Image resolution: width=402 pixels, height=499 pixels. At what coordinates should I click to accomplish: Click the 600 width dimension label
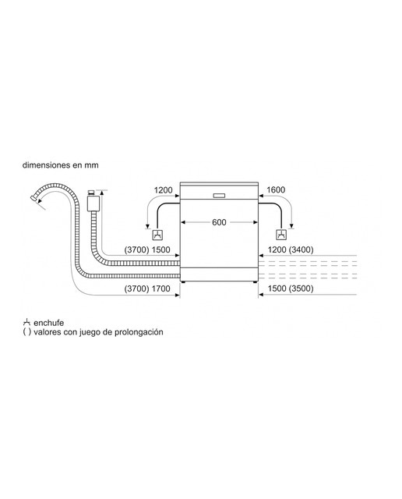(219, 222)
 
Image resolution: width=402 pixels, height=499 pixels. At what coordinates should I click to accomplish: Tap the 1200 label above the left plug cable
(163, 190)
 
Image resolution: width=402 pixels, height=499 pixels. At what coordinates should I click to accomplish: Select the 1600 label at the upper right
(276, 190)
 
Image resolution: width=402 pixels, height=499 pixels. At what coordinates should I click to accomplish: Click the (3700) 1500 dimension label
(147, 249)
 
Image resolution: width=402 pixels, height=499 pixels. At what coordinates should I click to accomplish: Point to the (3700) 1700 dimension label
(147, 288)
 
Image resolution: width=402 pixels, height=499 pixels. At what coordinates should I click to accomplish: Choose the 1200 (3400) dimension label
(291, 249)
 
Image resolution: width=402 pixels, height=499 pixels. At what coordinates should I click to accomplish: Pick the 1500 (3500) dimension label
(291, 288)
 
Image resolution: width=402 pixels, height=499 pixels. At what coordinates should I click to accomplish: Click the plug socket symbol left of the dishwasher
(157, 235)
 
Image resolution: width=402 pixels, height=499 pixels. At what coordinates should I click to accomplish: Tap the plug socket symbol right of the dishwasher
(280, 235)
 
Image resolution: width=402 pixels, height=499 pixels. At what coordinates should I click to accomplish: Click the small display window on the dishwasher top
(219, 196)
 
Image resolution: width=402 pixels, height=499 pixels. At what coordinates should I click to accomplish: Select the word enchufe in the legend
(48, 323)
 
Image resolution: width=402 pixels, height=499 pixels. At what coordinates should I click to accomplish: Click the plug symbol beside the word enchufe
(26, 322)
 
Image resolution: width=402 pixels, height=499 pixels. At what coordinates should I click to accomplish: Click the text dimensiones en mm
(61, 165)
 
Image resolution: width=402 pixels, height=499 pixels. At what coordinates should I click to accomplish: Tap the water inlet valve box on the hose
(93, 203)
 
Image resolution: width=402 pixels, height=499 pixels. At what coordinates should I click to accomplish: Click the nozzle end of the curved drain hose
(33, 198)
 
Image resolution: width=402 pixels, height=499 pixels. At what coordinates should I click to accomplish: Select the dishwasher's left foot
(183, 281)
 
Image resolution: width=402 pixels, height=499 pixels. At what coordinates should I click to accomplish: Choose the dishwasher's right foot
(256, 281)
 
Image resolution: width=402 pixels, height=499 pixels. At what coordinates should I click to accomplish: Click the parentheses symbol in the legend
(26, 332)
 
